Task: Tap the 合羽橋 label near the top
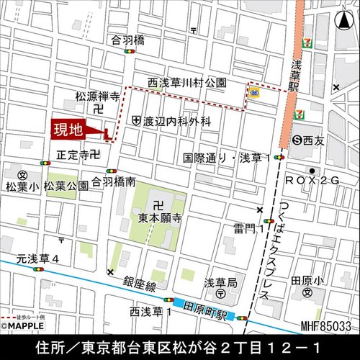point(128,41)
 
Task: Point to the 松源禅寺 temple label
point(96,95)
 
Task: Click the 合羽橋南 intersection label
point(114,183)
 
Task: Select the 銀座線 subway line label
point(140,286)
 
